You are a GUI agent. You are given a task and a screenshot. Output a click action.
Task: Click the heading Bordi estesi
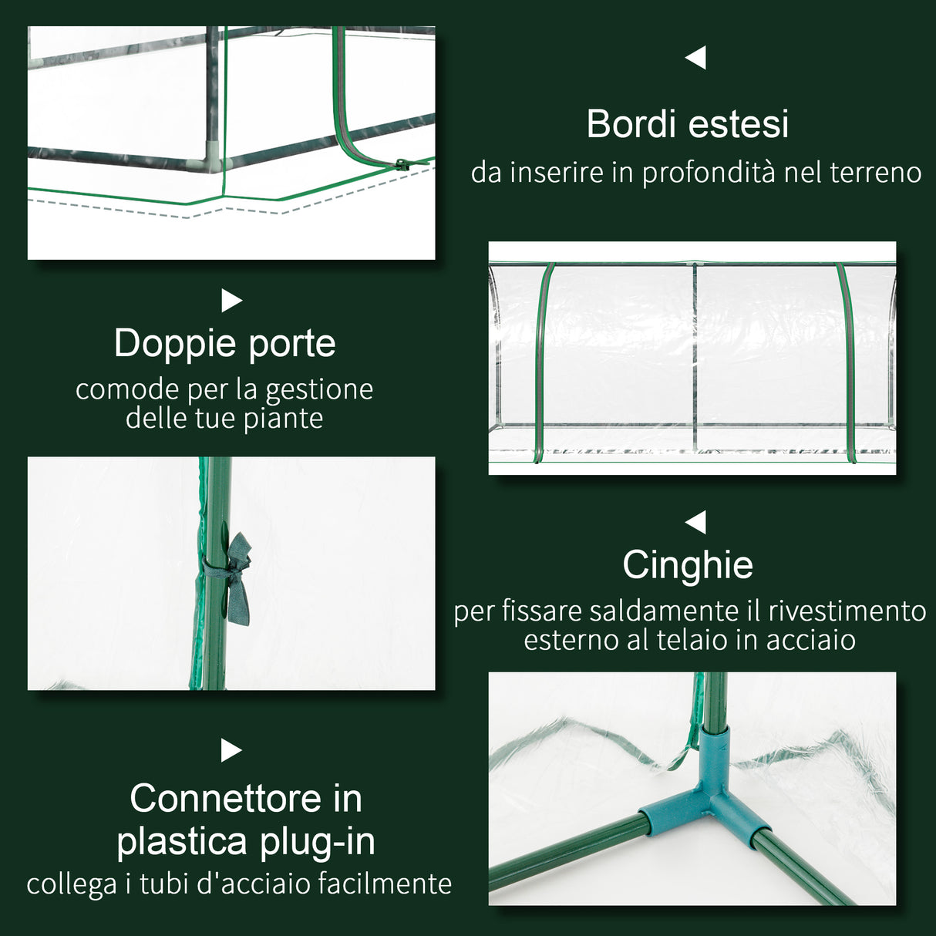(x=687, y=124)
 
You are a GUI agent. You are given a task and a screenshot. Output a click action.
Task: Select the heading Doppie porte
(x=224, y=344)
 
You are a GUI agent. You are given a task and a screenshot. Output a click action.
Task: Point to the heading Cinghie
(x=687, y=565)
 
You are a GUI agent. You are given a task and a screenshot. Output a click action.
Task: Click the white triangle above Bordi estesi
(x=696, y=57)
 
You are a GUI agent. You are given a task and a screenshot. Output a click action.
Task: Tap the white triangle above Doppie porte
(x=231, y=301)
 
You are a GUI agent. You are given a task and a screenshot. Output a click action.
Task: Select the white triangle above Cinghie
(x=696, y=522)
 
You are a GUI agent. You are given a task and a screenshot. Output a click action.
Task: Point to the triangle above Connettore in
(x=231, y=750)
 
